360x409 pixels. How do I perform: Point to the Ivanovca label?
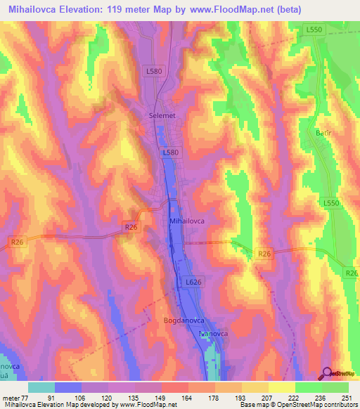(214, 333)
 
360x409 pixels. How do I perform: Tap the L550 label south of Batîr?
(332, 202)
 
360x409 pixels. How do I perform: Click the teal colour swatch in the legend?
(41, 388)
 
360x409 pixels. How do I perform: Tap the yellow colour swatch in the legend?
(282, 388)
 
